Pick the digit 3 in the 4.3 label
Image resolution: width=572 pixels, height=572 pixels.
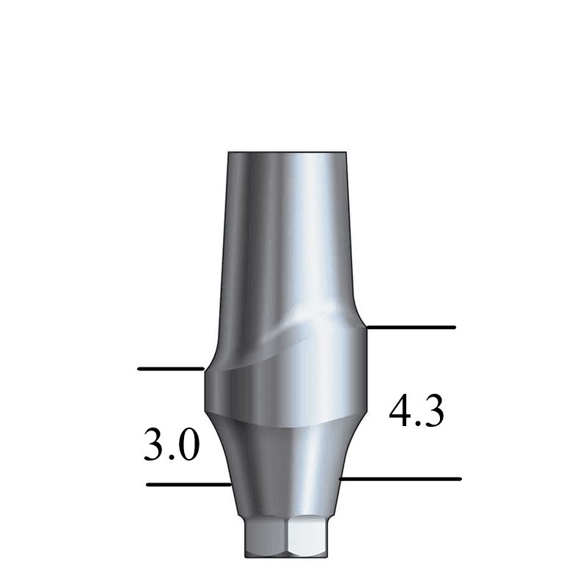coord(433,412)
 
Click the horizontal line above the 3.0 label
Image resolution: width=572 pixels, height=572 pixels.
coord(170,368)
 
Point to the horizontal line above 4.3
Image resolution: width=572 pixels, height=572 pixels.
coord(411,327)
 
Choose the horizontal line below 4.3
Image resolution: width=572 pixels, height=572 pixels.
coord(402,479)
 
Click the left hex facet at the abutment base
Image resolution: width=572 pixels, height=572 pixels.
coord(266,539)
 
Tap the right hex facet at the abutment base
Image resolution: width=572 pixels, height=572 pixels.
coord(307,539)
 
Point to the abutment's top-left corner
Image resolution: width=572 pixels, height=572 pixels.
coord(229,153)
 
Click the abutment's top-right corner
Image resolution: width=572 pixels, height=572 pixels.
coord(351,153)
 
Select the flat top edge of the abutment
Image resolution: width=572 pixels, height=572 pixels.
coord(290,152)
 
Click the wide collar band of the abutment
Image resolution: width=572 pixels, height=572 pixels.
coord(286,392)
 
